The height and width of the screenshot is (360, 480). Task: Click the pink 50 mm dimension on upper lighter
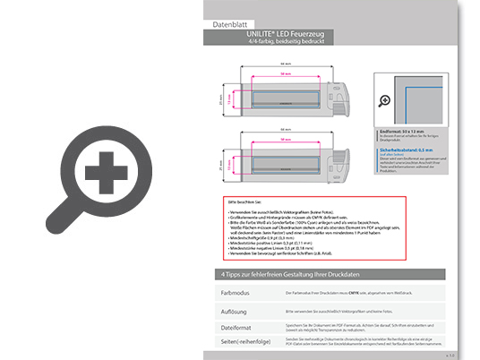tap(284, 75)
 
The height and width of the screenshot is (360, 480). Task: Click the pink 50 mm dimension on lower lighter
tap(284, 141)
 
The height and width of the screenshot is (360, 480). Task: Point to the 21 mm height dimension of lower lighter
tap(220, 164)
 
